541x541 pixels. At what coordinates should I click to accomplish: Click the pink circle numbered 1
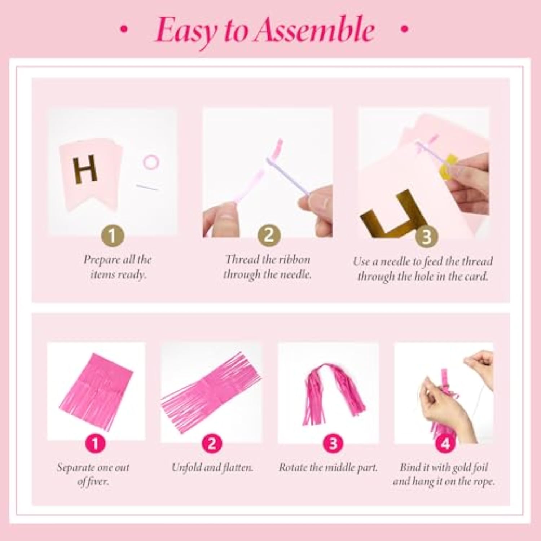coord(95,443)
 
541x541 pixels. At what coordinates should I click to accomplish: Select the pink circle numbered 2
coord(212,443)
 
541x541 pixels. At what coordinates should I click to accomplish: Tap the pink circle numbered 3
coord(333,443)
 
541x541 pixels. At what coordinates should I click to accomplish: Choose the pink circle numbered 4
coord(446,443)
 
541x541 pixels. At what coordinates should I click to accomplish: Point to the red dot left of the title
coord(124,30)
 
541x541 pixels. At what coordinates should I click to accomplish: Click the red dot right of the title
coord(405,29)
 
